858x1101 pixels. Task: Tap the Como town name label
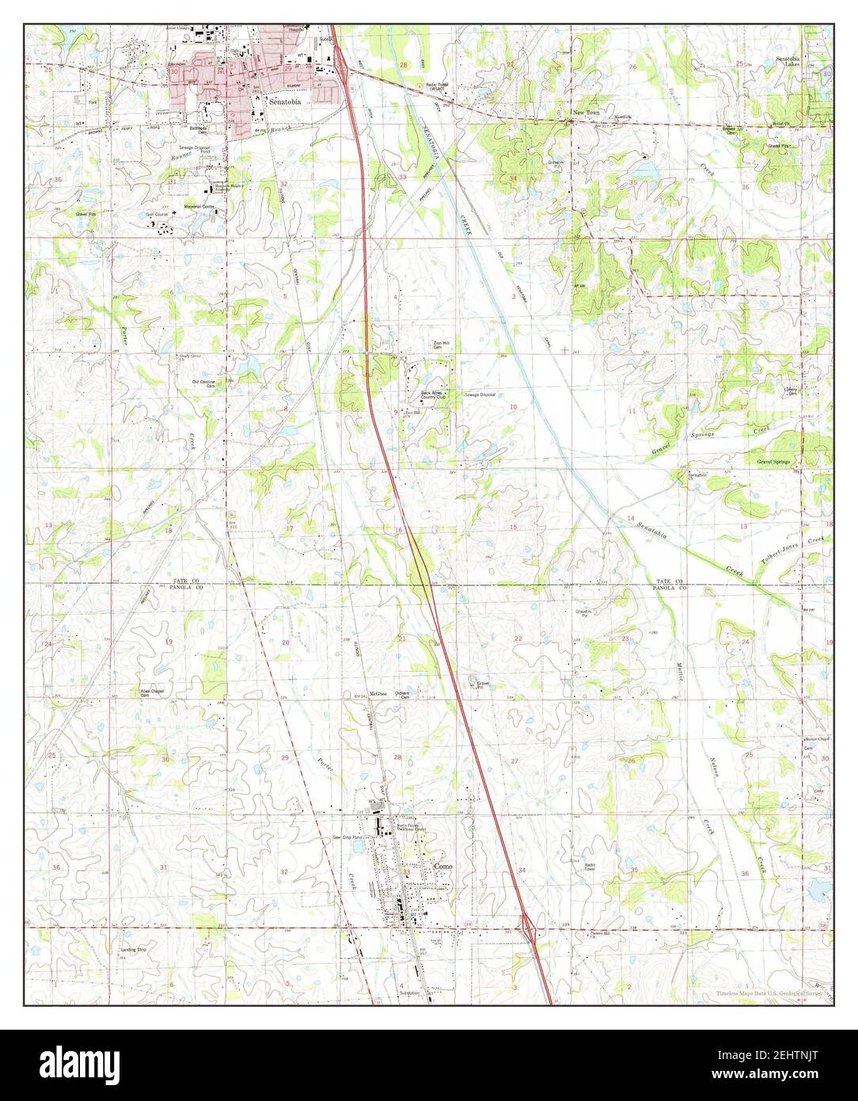(x=444, y=867)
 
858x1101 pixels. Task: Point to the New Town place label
(x=587, y=113)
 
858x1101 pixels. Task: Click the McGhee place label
(x=378, y=693)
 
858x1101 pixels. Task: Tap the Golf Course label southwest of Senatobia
(x=157, y=215)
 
